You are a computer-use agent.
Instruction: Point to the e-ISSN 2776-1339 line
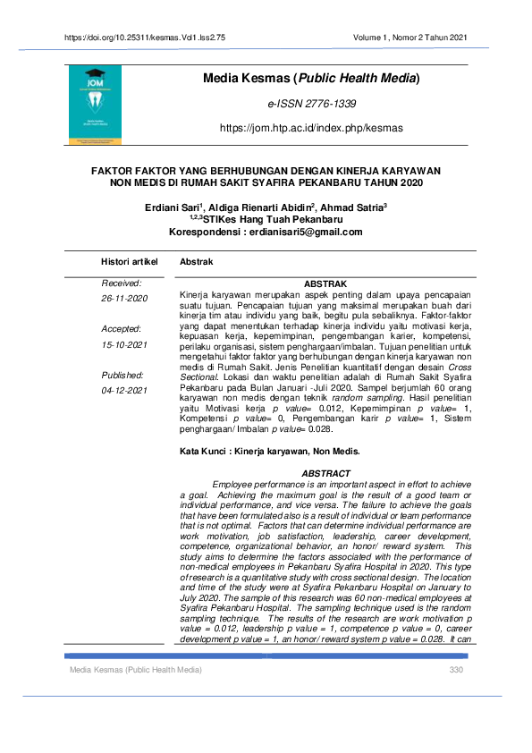pyautogui.click(x=312, y=105)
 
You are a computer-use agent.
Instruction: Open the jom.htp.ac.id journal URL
pyautogui.click(x=311, y=128)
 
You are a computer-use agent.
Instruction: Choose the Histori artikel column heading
pyautogui.click(x=131, y=261)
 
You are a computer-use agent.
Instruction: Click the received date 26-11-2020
pyautogui.click(x=124, y=298)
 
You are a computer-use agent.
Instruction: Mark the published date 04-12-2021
pyautogui.click(x=124, y=391)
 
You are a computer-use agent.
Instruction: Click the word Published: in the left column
pyautogui.click(x=123, y=376)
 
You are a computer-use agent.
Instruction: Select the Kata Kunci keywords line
pyautogui.click(x=269, y=451)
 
